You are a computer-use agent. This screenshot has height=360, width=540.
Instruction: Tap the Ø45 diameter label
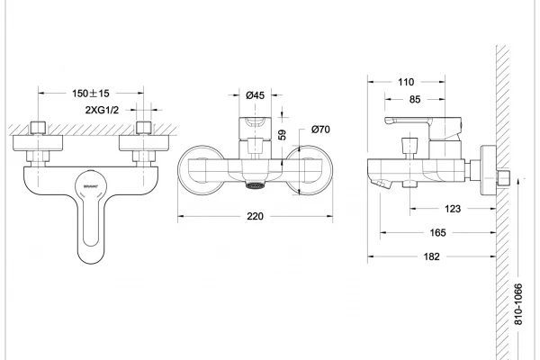(255, 95)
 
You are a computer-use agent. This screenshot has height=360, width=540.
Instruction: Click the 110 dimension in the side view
(407, 81)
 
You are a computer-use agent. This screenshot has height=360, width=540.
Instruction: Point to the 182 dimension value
(431, 257)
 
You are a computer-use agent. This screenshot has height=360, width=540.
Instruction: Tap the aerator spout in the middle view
(256, 186)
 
